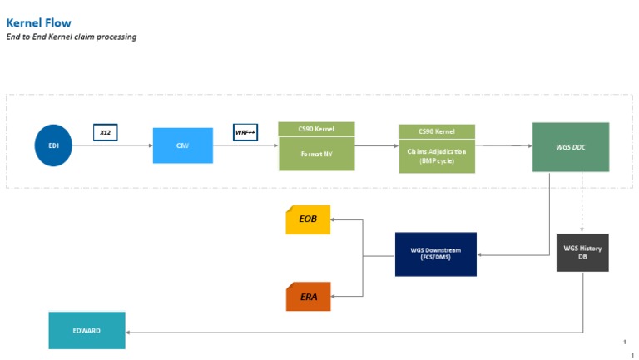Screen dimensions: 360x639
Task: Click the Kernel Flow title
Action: tap(38, 22)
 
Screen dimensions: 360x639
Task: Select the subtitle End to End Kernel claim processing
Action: tap(72, 37)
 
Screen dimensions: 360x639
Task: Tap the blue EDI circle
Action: tap(53, 145)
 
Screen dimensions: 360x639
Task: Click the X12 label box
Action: tap(106, 132)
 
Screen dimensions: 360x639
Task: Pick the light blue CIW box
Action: tap(182, 145)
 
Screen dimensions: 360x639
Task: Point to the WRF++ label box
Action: tap(245, 132)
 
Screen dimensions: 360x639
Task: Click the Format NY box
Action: tap(316, 154)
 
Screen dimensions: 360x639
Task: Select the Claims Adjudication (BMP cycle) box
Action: tap(437, 156)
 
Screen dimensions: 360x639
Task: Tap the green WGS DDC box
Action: tap(570, 147)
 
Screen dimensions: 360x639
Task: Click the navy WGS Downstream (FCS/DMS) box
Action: tap(435, 254)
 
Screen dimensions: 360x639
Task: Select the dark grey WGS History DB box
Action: tap(582, 253)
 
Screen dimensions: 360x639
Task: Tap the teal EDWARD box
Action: tap(87, 330)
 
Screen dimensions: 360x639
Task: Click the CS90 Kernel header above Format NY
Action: tap(316, 129)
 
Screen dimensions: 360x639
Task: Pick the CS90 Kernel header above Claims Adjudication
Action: tap(437, 131)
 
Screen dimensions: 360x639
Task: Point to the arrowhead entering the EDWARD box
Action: tap(129, 331)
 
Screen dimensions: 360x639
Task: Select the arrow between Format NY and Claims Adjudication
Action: tap(376, 145)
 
